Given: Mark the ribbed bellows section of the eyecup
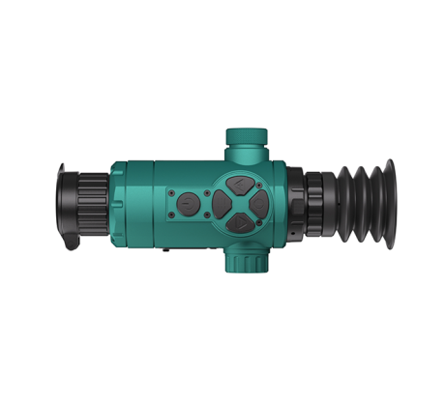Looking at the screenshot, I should click(x=353, y=204).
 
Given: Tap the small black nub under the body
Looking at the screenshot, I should click(x=165, y=249).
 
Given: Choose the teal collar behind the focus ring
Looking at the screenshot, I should click(x=116, y=203).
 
